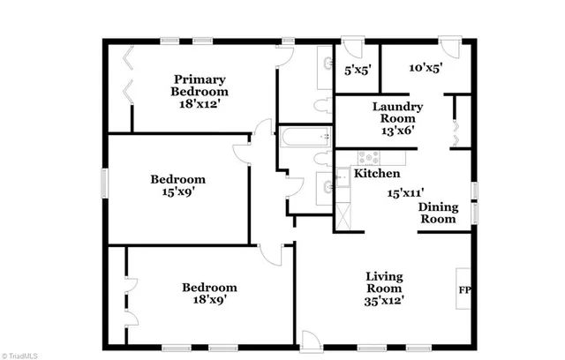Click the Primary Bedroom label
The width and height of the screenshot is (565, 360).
click(200, 85)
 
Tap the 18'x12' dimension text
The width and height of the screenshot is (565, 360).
click(200, 103)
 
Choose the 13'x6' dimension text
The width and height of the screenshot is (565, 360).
click(399, 130)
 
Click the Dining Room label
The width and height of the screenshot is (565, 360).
click(438, 213)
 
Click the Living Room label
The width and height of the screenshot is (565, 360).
click(384, 282)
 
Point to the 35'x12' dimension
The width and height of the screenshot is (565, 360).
click(384, 300)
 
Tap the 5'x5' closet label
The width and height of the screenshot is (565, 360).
click(357, 68)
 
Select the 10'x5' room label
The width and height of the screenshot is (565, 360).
click(425, 67)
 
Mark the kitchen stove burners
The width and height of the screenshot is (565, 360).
click(365, 158)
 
